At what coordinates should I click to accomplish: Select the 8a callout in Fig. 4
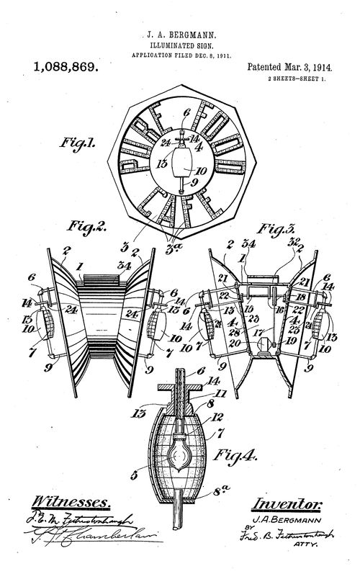[219, 496]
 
